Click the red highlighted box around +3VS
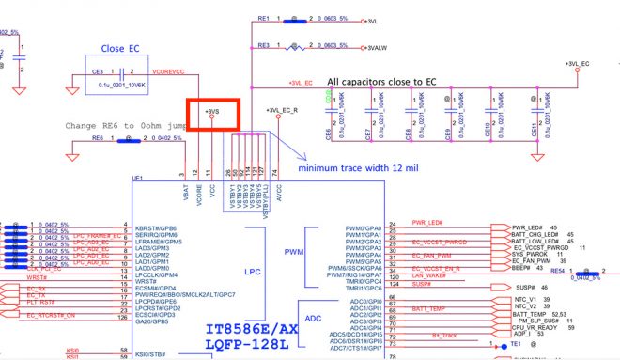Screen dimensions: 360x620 (214, 115)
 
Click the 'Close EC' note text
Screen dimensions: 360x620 (121, 46)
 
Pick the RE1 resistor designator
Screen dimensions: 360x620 (263, 18)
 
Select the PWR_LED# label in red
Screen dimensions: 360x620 (426, 222)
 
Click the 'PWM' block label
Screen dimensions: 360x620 (295, 252)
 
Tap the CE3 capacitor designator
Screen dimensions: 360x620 (97, 70)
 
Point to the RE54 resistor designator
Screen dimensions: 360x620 (557, 270)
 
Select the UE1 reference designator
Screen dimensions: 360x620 (137, 178)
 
